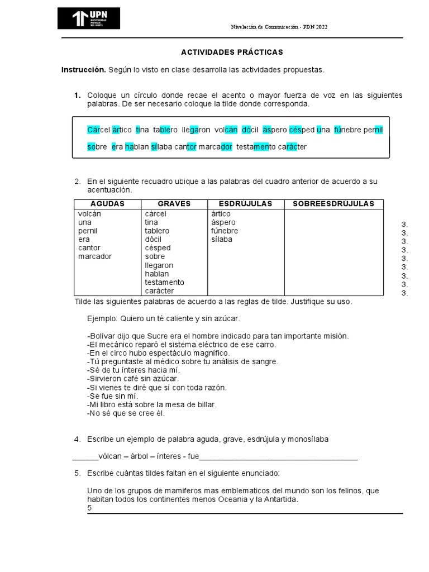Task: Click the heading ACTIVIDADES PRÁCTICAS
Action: pos(232,52)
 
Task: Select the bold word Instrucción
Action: pos(83,70)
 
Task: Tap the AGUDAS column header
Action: pos(107,204)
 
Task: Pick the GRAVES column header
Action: pos(174,204)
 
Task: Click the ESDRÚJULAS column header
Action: pos(246,204)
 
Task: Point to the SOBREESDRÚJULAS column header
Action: pos(333,204)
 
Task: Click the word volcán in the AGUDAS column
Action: pos(90,214)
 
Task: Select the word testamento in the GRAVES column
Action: pos(164,283)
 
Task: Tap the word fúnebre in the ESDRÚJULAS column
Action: pos(225,231)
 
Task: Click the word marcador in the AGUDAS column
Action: pos(95,256)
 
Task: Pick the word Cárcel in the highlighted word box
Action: pos(99,130)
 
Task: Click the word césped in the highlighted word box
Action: pos(302,130)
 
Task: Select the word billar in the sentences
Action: pos(206,404)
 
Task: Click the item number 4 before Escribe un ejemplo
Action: pos(78,439)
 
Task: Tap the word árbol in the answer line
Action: pos(139,456)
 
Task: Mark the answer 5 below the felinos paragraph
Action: pos(89,508)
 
